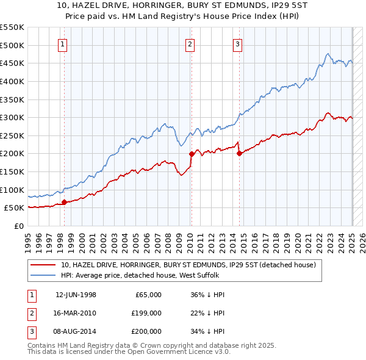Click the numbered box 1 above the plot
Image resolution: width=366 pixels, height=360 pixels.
tap(63, 43)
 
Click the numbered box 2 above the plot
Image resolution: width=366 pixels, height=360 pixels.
tap(190, 43)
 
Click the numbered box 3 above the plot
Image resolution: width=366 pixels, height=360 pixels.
tap(237, 43)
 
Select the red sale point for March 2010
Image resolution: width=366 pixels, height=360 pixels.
tap(191, 154)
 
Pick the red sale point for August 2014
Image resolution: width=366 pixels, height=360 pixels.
tap(239, 153)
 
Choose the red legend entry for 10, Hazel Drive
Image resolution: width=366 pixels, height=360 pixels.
tap(188, 265)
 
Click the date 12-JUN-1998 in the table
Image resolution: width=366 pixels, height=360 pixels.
tap(76, 295)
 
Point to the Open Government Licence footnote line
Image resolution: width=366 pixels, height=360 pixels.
tap(129, 352)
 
